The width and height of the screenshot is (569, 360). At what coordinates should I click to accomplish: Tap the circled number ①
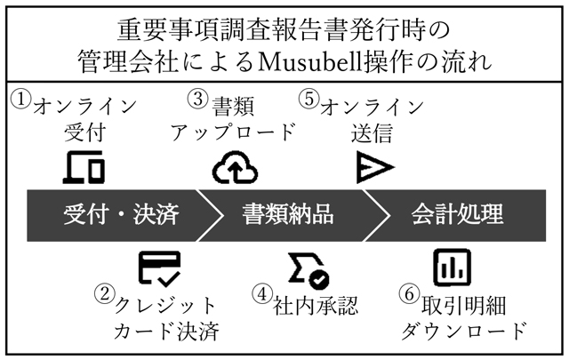pyautogui.click(x=20, y=99)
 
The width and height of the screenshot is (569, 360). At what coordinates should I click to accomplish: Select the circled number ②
pyautogui.click(x=105, y=293)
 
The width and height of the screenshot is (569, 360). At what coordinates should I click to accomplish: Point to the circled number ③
pyautogui.click(x=198, y=99)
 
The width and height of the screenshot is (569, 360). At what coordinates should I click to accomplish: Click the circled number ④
pyautogui.click(x=262, y=293)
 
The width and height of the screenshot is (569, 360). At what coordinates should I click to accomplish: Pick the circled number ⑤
pyautogui.click(x=309, y=99)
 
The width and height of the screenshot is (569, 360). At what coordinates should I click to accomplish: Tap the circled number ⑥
pyautogui.click(x=409, y=293)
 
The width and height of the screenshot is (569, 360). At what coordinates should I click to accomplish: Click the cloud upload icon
pyautogui.click(x=235, y=167)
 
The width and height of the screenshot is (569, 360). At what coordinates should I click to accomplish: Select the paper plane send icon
pyautogui.click(x=375, y=167)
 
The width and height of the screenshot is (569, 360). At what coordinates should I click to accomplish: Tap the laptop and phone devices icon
pyautogui.click(x=84, y=167)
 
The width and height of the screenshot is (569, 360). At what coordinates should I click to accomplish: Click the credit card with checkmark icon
pyautogui.click(x=160, y=268)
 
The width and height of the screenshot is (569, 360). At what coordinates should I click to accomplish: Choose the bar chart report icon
pyautogui.click(x=453, y=268)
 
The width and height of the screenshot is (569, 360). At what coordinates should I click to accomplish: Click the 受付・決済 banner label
pyautogui.click(x=121, y=214)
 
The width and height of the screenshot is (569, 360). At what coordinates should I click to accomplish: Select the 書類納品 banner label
pyautogui.click(x=288, y=214)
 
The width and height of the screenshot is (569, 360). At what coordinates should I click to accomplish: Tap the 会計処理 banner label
pyautogui.click(x=457, y=214)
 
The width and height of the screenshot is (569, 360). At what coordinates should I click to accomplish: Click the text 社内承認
pyautogui.click(x=316, y=306)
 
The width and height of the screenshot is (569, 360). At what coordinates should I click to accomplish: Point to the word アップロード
pyautogui.click(x=233, y=132)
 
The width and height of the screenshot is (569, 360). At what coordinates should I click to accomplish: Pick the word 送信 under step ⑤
pyautogui.click(x=372, y=132)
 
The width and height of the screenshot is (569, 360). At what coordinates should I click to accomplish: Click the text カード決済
pyautogui.click(x=166, y=331)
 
